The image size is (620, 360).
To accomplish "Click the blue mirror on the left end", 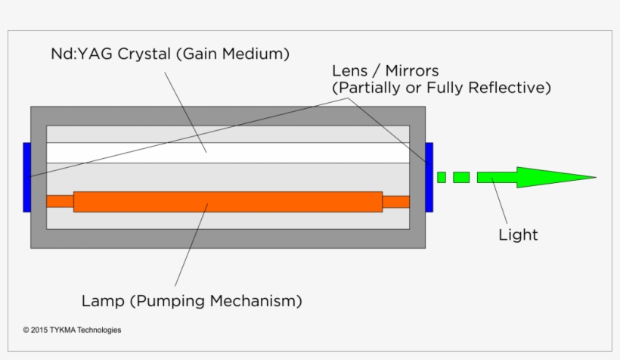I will coord(26,177).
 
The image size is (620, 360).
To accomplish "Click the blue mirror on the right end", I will coord(429,177).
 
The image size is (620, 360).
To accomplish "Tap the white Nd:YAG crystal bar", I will coord(227,152).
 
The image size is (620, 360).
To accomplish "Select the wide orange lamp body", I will coord(227,202).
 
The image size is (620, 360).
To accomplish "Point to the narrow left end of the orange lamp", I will coord(60,201).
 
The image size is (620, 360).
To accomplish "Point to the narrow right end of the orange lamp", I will coord(395,202).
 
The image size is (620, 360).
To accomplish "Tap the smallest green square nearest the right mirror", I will coord(442,178).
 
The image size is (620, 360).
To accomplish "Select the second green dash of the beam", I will coord(461,178).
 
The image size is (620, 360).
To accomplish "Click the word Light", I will coord(518,234).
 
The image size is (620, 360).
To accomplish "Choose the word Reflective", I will coord(510,88).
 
